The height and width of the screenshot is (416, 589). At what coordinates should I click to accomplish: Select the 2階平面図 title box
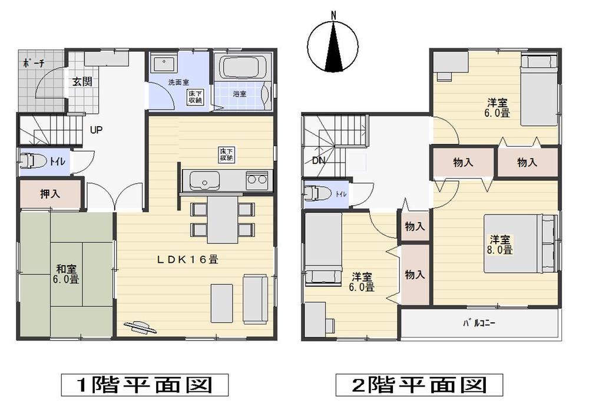pyautogui.click(x=419, y=386)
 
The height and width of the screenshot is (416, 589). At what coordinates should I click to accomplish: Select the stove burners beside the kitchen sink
pyautogui.click(x=256, y=179)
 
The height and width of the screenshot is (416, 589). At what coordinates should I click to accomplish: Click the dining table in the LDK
pyautogui.click(x=222, y=219)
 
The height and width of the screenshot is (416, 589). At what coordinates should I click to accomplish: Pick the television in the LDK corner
pyautogui.click(x=141, y=327)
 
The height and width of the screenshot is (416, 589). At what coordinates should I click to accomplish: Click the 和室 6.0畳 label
pyautogui.click(x=65, y=274)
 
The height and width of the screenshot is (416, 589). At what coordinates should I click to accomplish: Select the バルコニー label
pyautogui.click(x=478, y=323)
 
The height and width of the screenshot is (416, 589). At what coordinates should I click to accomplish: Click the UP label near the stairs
pyautogui.click(x=97, y=130)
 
